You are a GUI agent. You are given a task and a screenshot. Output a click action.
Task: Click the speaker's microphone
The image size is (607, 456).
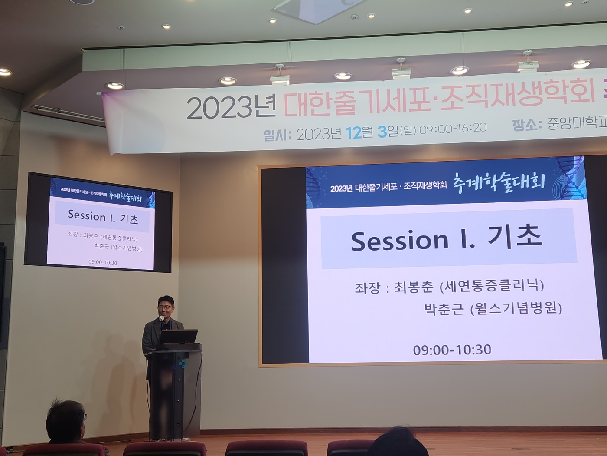coord(161,318)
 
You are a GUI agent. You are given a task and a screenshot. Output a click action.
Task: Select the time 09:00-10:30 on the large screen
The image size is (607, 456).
coord(452,350)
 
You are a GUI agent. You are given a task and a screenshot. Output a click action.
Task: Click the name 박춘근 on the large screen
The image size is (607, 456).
coord(444,309)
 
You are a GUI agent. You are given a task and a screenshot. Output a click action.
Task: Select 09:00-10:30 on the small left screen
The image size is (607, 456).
coord(103,262)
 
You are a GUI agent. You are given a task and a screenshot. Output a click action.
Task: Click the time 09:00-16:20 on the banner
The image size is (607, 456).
coord(453,129)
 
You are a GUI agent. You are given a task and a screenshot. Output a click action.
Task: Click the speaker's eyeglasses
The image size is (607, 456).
coord(165,307)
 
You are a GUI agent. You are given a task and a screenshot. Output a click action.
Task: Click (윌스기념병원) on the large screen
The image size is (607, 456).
coord(516,308)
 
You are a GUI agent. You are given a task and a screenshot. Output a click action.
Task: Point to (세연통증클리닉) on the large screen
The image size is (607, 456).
coord(492,287)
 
